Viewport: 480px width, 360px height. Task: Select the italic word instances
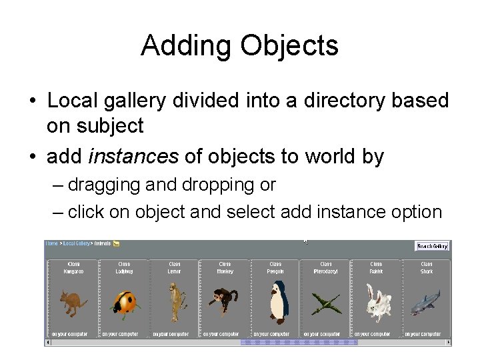click(x=133, y=157)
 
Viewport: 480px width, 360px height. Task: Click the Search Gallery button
click(x=431, y=246)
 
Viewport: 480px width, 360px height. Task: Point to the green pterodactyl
click(x=326, y=305)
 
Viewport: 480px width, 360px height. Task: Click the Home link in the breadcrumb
click(x=51, y=244)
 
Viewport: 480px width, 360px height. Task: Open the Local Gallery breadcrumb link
click(x=77, y=244)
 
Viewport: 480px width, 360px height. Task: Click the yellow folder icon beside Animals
click(x=116, y=244)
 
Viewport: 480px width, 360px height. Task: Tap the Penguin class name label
click(x=275, y=272)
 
